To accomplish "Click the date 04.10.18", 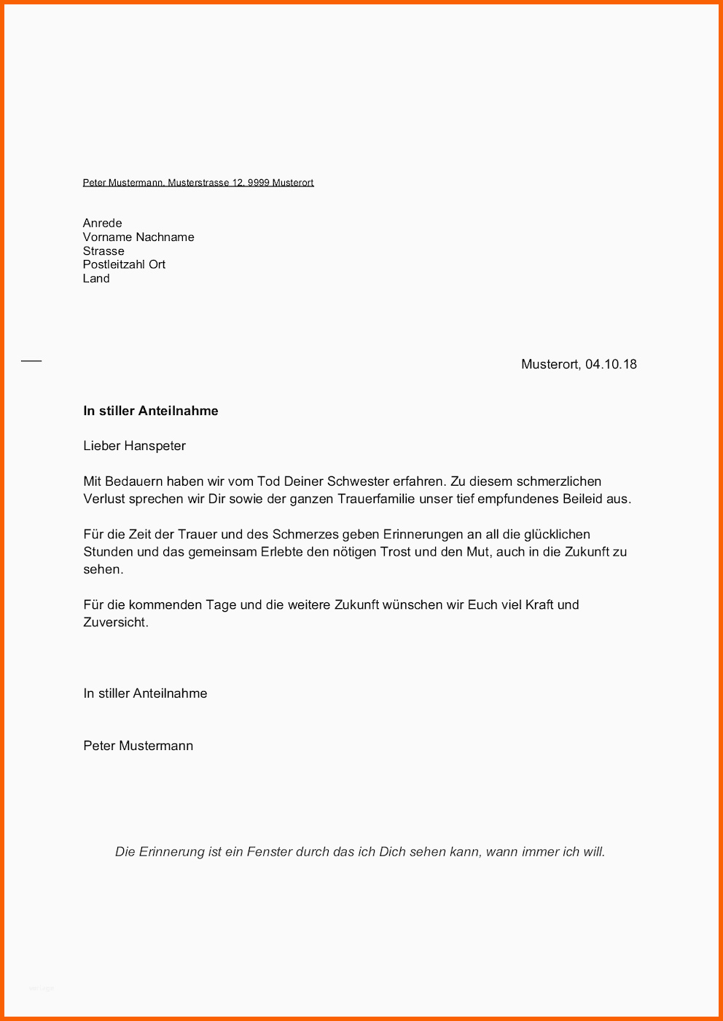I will point(611,364).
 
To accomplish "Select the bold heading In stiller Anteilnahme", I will point(151,411).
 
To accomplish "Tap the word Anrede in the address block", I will point(102,223).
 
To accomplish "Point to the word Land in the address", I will point(96,278).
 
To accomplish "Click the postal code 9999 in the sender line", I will point(258,183).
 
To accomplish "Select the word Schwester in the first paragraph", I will point(359,481).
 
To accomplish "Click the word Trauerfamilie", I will point(369,499).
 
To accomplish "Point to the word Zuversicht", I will point(115,622).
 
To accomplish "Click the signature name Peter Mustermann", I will point(138,746).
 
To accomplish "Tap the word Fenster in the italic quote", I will point(269,851).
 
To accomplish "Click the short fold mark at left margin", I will point(31,360).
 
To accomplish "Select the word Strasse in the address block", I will point(103,251).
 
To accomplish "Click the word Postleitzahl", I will point(114,264).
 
